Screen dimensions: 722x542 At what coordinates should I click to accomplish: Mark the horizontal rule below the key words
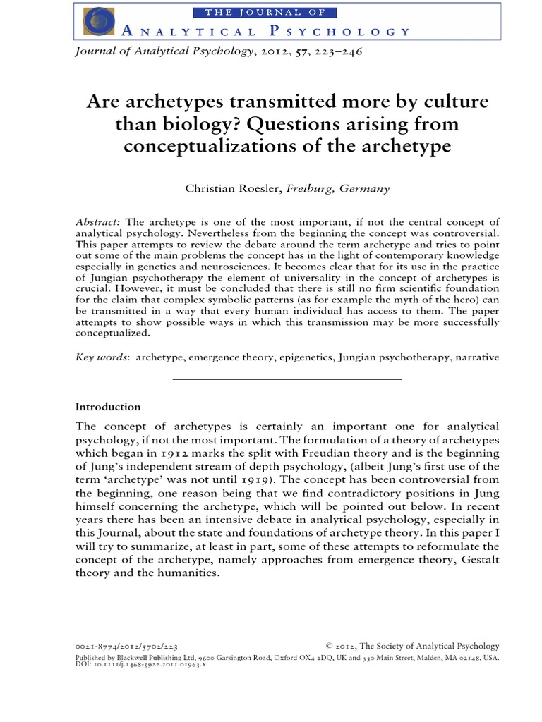tap(287, 379)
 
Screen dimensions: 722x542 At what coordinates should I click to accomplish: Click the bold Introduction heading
tap(108, 407)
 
